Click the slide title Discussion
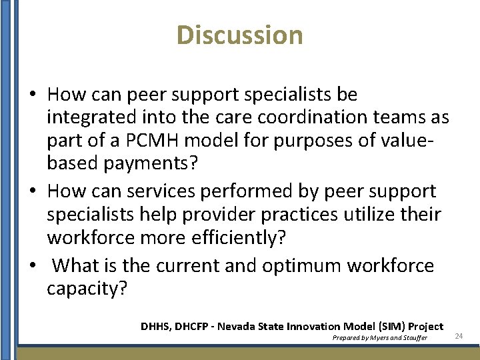[240, 35]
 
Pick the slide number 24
[459, 336]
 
